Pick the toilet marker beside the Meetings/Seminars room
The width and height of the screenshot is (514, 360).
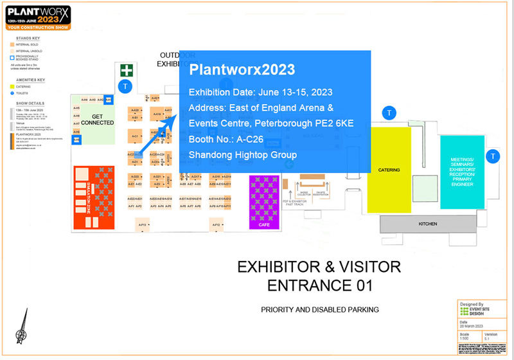(493, 156)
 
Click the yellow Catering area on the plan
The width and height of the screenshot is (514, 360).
(389, 170)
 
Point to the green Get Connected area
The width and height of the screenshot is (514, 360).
(98, 119)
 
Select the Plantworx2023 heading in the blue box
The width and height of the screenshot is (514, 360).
(242, 69)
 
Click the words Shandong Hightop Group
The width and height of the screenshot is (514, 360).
(242, 154)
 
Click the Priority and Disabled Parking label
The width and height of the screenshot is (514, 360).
(319, 309)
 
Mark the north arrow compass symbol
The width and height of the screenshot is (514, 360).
(23, 328)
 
